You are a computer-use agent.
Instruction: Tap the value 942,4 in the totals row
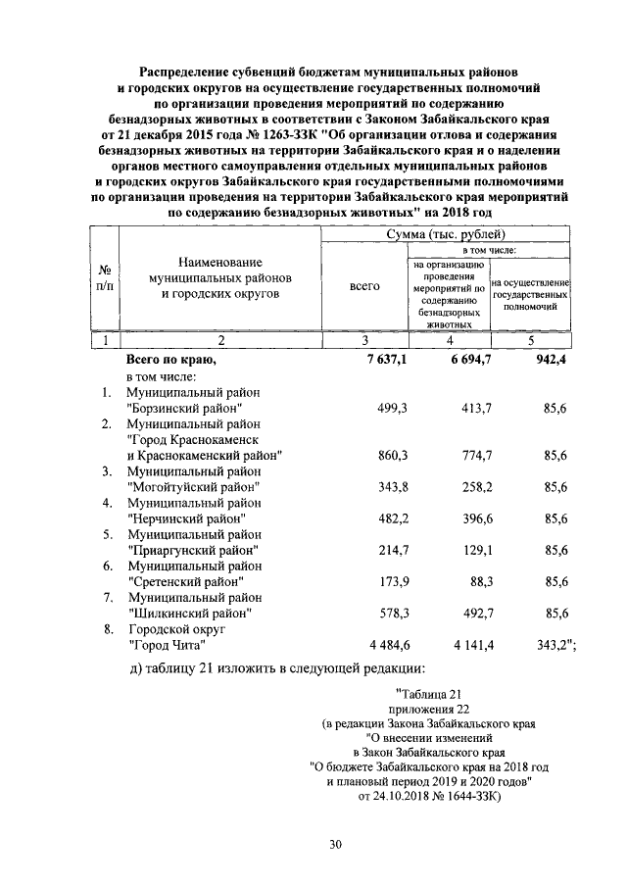[550, 361]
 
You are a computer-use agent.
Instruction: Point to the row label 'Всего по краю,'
[170, 361]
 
